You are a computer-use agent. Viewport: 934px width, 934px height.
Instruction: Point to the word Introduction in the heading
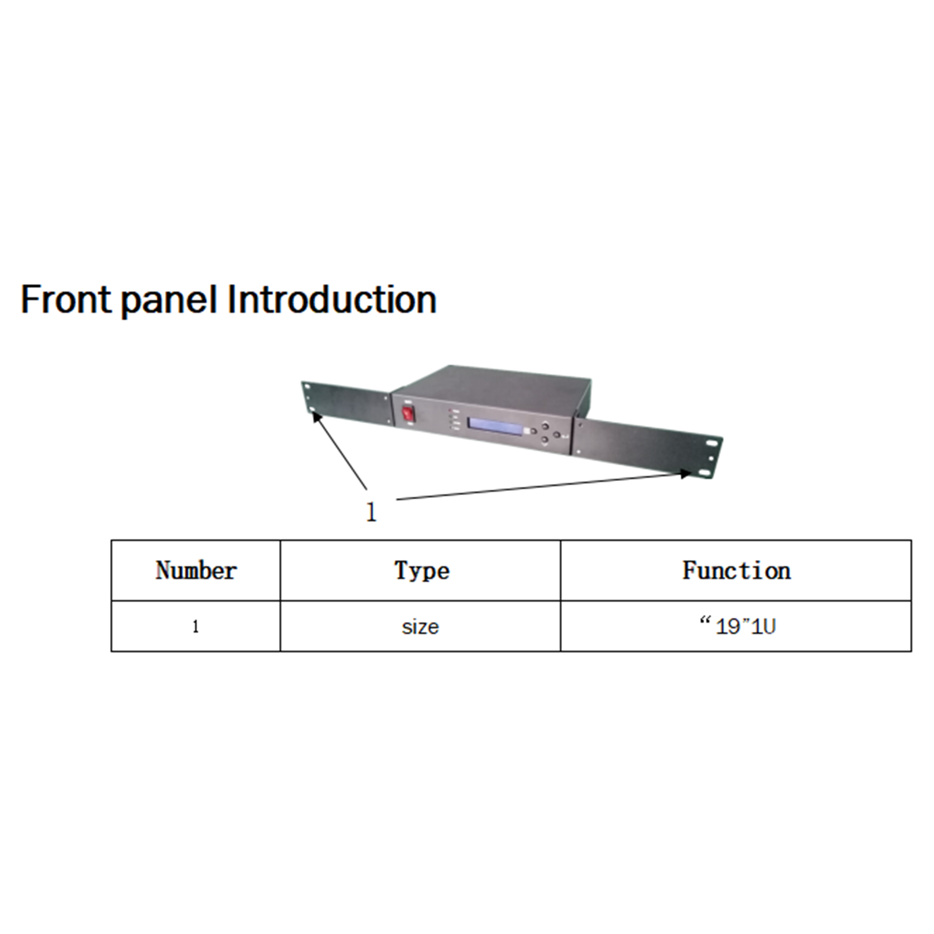[x=332, y=300]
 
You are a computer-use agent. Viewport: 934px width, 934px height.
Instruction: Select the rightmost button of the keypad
[x=556, y=435]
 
